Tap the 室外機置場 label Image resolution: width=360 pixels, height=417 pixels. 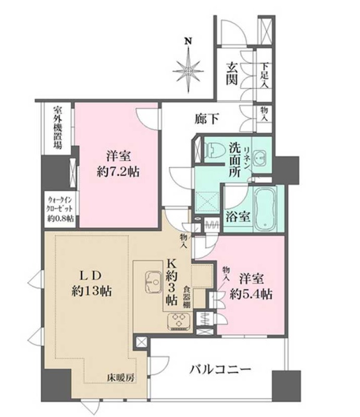[58, 127]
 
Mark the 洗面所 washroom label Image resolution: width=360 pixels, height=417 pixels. [235, 160]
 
